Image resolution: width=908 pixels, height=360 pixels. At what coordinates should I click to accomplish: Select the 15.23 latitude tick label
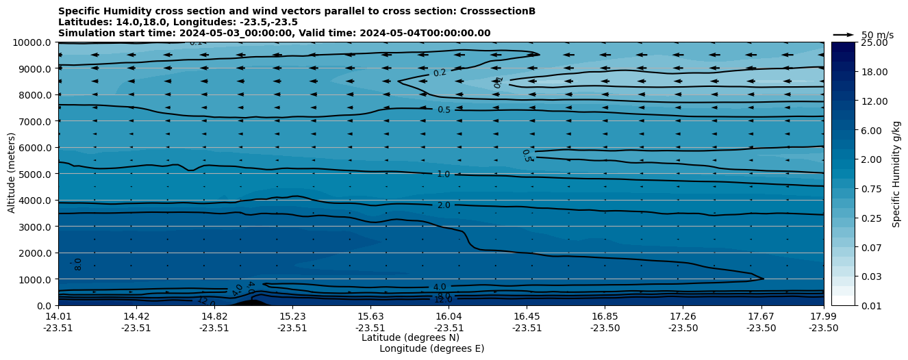click(292, 316)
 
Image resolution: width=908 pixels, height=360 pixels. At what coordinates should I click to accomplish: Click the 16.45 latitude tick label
click(527, 316)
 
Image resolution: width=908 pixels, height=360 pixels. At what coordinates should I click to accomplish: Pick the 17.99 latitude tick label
click(823, 316)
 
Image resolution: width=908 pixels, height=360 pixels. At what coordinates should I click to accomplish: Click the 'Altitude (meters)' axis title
click(12, 174)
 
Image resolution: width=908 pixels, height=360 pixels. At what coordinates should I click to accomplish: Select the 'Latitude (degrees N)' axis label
click(410, 337)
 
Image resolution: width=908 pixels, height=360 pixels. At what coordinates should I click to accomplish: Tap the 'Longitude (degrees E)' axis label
click(431, 348)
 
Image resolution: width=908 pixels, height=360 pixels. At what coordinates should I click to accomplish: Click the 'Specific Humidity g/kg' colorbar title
click(896, 174)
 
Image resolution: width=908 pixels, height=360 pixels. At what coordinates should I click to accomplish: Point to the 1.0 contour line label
click(444, 175)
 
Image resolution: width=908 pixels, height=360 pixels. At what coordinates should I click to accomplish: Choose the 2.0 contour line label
click(444, 205)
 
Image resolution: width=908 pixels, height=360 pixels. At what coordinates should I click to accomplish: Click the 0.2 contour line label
click(439, 73)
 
